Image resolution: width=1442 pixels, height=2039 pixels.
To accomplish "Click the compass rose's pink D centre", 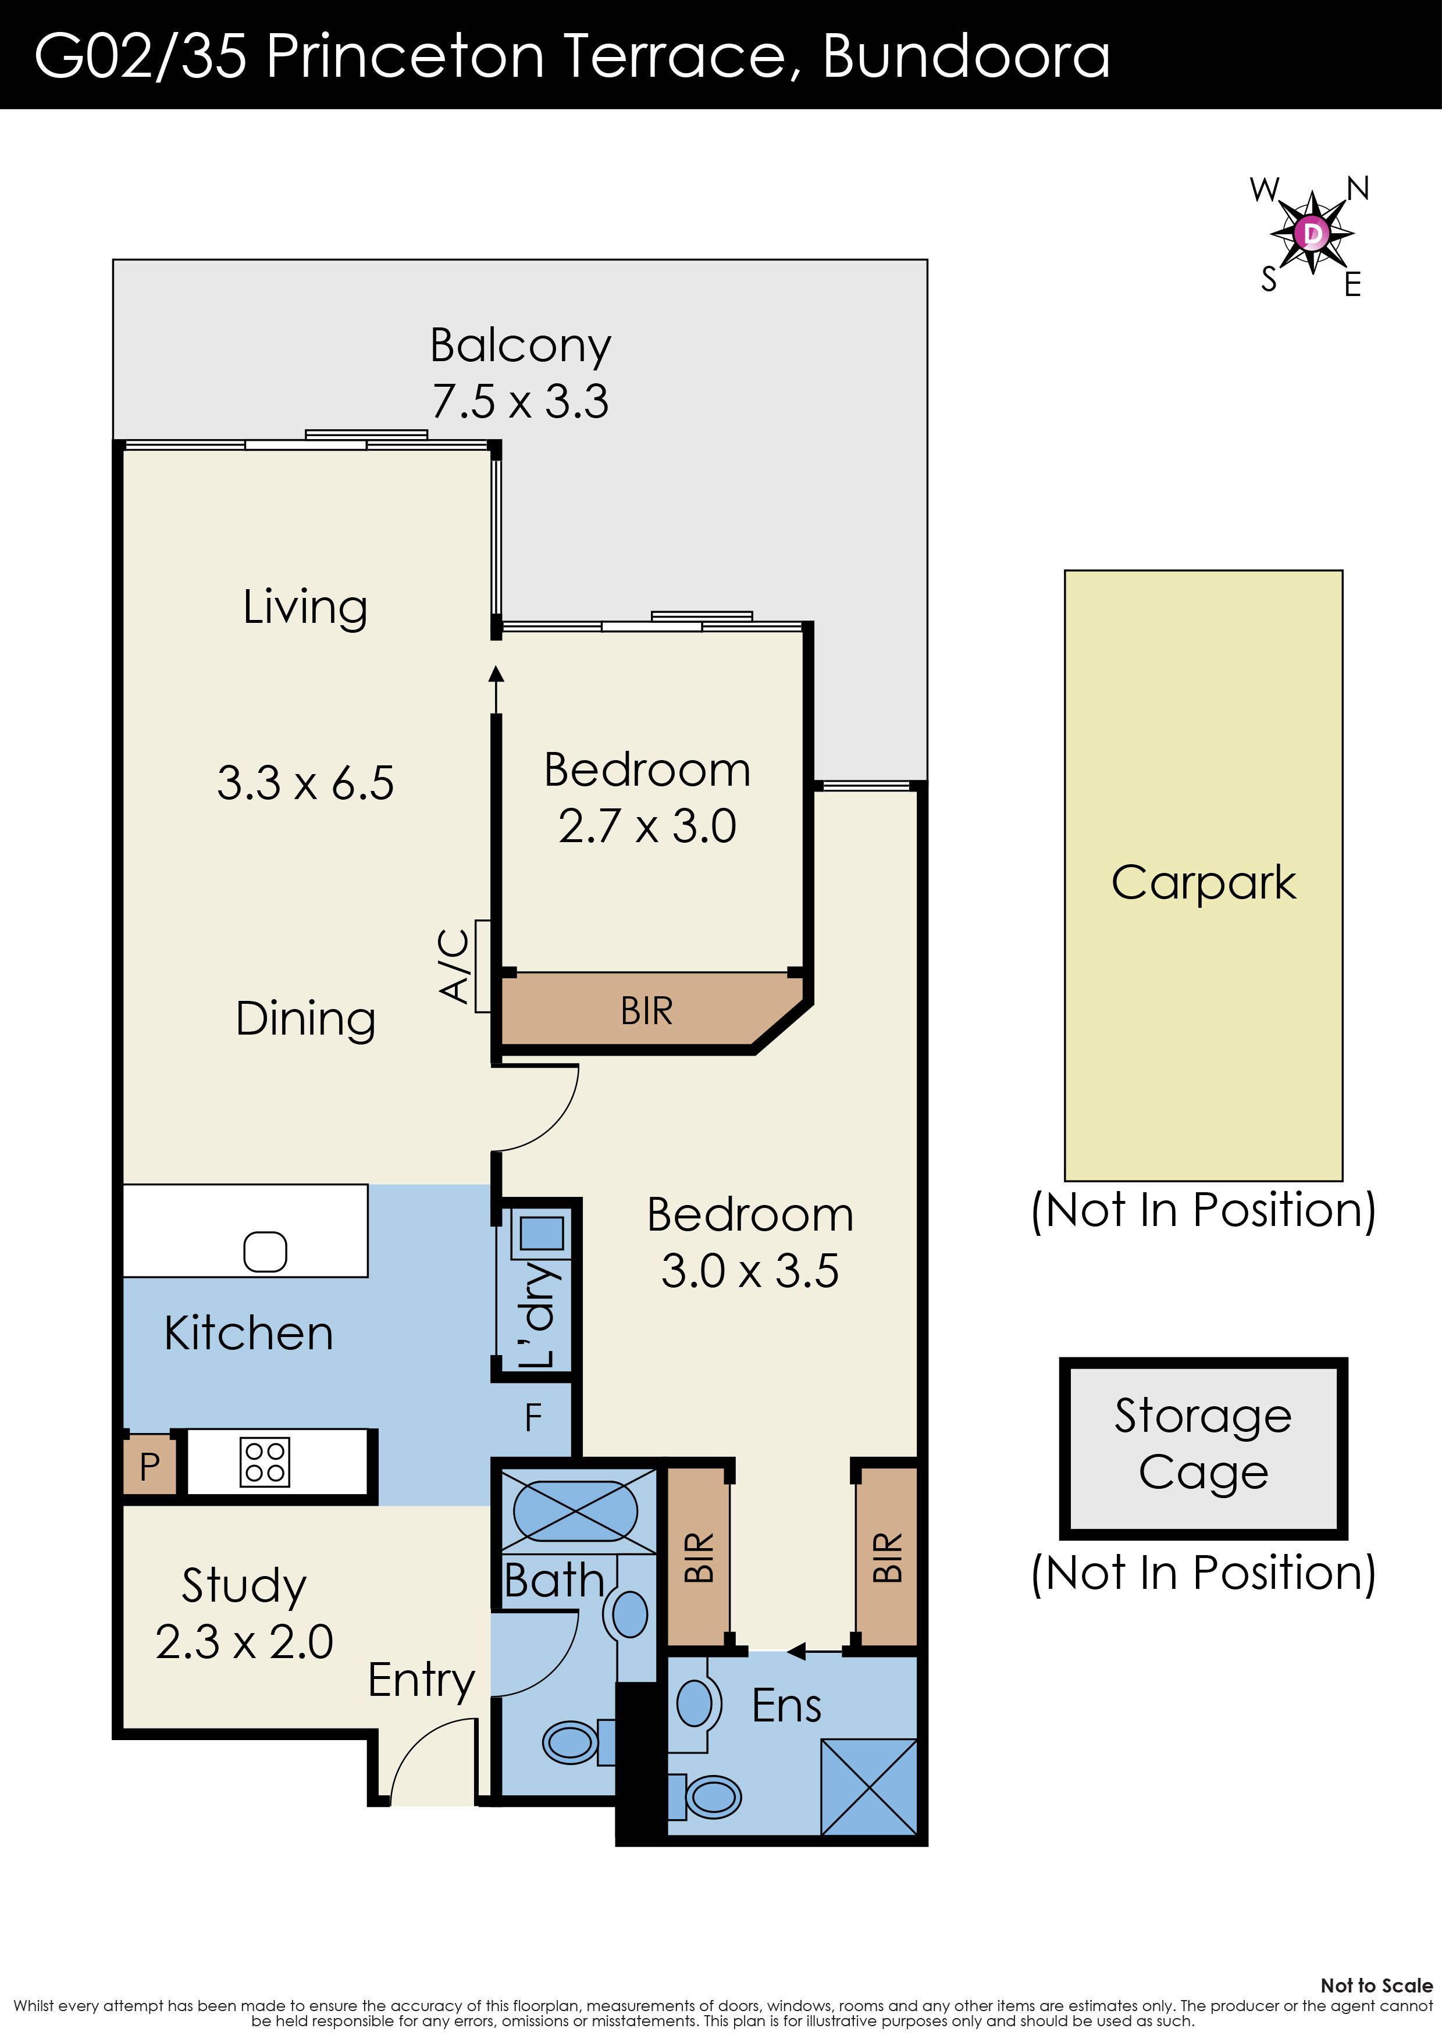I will click(1311, 234).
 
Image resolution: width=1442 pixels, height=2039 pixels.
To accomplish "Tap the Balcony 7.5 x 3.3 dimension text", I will click(520, 401).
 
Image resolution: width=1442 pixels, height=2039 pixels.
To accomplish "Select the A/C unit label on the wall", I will click(455, 966).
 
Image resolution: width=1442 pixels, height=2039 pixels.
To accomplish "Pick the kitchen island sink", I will click(265, 1252).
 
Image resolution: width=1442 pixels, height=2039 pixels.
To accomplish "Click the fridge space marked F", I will click(533, 1418).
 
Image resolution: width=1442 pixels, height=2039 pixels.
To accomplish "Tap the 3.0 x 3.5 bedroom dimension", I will click(749, 1271).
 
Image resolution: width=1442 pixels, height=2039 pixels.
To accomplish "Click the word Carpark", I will click(1203, 883).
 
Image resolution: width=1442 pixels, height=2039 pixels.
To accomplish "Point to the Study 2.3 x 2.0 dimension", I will click(244, 1641).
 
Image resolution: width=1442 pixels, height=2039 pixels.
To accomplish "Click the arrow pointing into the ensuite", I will click(797, 1652).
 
